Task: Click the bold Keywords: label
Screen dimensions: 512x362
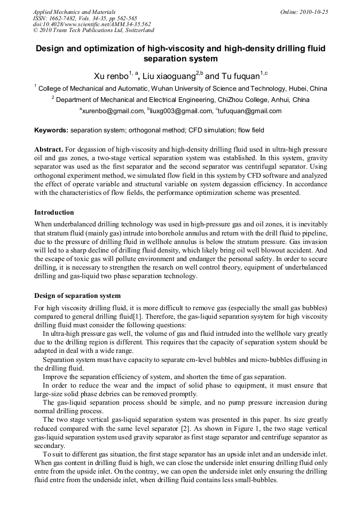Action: click(x=51, y=130)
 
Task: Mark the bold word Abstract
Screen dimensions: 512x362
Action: click(x=49, y=149)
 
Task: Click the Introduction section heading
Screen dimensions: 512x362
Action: click(x=54, y=212)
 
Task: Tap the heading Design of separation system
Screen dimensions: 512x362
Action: click(x=77, y=296)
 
